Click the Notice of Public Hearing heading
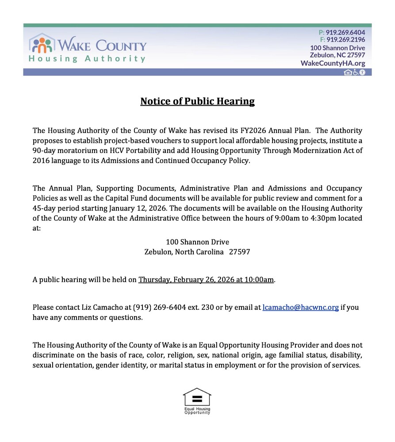(197, 102)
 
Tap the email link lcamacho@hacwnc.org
(300, 308)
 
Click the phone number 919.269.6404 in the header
(345, 32)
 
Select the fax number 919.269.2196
(345, 40)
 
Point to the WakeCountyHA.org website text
(333, 63)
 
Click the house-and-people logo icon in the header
(42, 43)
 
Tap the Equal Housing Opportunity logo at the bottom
(197, 400)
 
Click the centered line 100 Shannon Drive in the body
(197, 242)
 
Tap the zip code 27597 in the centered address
(239, 252)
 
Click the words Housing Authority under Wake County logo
(87, 59)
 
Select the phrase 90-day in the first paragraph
(43, 151)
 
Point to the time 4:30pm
(313, 218)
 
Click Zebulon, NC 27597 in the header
(337, 55)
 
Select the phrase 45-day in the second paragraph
(43, 208)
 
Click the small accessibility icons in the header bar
(355, 72)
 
